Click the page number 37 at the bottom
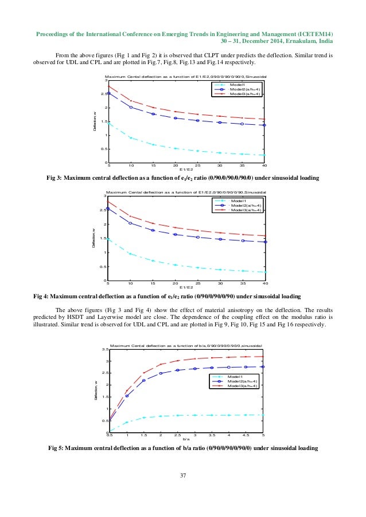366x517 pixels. point(183,474)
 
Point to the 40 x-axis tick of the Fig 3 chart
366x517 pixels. point(264,166)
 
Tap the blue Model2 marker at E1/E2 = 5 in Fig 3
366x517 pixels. point(109,93)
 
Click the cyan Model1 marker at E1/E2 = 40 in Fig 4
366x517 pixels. point(264,272)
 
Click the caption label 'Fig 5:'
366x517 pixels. point(57,450)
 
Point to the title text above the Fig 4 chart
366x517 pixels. point(185,192)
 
